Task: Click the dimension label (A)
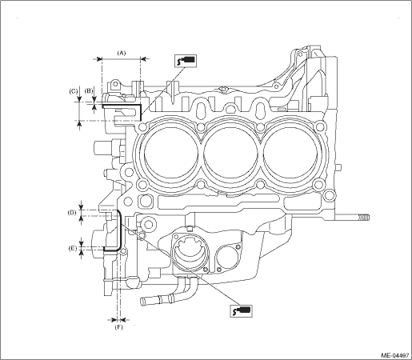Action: pos(122,53)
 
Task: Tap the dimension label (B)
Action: pos(89,91)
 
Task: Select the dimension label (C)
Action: pos(74,91)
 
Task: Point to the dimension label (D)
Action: pos(71,213)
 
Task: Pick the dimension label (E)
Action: pos(72,249)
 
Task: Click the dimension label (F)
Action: pos(119,327)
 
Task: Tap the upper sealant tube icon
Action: pos(186,61)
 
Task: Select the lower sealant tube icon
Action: pos(241,310)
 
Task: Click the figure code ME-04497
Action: pos(395,355)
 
